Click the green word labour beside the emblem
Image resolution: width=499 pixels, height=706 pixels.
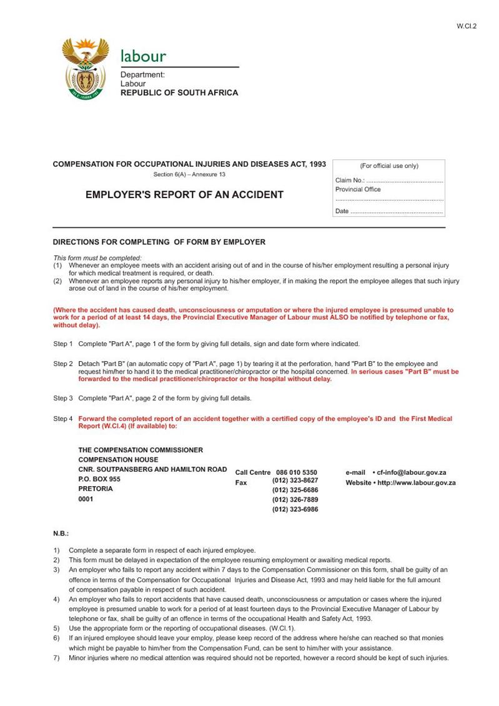pyautogui.click(x=143, y=56)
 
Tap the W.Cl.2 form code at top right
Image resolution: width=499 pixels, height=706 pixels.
pyautogui.click(x=467, y=26)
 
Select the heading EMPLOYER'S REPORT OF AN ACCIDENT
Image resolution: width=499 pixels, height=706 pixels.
pyautogui.click(x=184, y=195)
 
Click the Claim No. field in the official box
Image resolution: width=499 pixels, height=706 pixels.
pyautogui.click(x=389, y=181)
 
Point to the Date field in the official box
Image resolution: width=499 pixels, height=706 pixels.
pyautogui.click(x=389, y=211)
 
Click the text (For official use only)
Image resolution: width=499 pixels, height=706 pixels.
pyautogui.click(x=389, y=166)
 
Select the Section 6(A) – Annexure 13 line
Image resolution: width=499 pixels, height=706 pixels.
pyautogui.click(x=189, y=174)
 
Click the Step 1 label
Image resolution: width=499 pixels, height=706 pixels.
pyautogui.click(x=62, y=344)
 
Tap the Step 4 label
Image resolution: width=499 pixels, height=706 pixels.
pyautogui.click(x=62, y=419)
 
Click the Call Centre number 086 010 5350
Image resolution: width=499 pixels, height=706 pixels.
pyautogui.click(x=297, y=472)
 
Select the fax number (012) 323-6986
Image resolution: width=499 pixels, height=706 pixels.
pyautogui.click(x=295, y=509)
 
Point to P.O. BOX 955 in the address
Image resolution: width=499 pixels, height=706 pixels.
pyautogui.click(x=99, y=479)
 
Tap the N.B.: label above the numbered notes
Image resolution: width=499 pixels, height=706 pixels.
pyautogui.click(x=61, y=534)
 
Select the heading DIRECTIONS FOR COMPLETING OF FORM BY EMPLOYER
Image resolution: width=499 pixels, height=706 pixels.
pyautogui.click(x=159, y=242)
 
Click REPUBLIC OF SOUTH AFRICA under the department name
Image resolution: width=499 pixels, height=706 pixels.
pyautogui.click(x=179, y=92)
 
